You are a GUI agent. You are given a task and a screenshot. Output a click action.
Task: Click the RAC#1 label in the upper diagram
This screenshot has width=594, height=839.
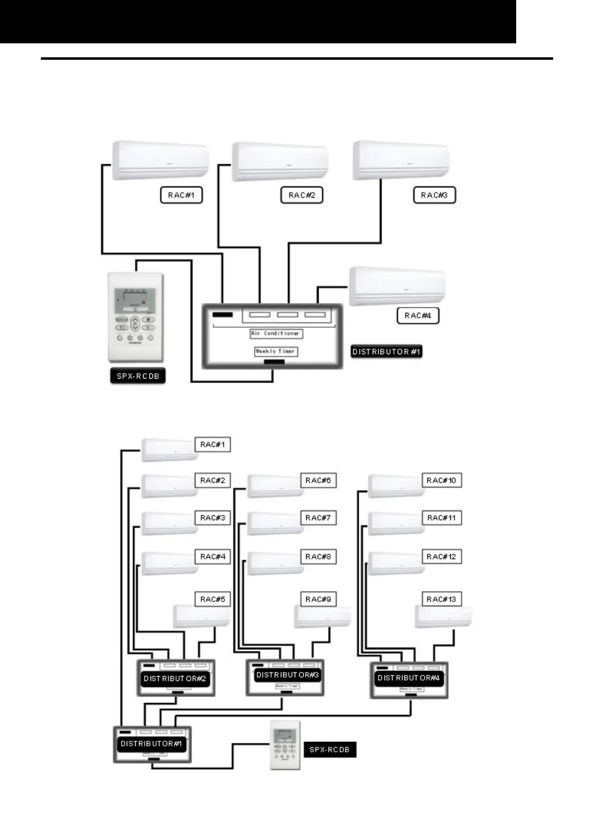pyautogui.click(x=181, y=195)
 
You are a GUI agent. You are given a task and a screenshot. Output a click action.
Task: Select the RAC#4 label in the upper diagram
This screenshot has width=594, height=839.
pyautogui.click(x=418, y=315)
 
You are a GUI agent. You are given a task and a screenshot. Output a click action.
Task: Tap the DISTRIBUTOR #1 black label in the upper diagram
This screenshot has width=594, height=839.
pyautogui.click(x=387, y=352)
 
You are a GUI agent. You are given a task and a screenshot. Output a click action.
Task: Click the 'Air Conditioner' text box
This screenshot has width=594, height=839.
pyautogui.click(x=276, y=333)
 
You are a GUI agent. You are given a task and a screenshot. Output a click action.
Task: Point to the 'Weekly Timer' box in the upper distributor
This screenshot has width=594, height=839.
pyautogui.click(x=276, y=351)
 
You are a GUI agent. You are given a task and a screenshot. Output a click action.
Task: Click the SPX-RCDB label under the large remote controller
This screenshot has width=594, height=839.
pyautogui.click(x=138, y=376)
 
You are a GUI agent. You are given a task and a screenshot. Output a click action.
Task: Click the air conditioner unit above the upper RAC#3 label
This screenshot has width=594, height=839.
pyautogui.click(x=401, y=160)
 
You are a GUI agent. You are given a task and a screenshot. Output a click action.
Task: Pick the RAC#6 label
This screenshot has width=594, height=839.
pyautogui.click(x=318, y=480)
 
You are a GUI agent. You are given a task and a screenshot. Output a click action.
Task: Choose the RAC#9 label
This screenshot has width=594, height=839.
pyautogui.click(x=318, y=599)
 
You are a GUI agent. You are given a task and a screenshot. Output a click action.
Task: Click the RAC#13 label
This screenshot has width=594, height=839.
pyautogui.click(x=441, y=599)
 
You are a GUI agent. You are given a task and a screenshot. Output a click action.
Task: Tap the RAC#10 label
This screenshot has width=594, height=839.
pyautogui.click(x=441, y=480)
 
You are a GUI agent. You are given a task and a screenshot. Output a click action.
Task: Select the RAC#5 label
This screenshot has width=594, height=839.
pyautogui.click(x=213, y=599)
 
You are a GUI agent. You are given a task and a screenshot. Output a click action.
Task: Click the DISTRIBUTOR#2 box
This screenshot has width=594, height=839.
pyautogui.click(x=176, y=678)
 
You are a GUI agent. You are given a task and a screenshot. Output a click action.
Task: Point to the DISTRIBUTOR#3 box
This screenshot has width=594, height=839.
pyautogui.click(x=285, y=677)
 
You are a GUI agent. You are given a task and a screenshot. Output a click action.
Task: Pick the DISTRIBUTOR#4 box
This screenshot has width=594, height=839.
pyautogui.click(x=409, y=680)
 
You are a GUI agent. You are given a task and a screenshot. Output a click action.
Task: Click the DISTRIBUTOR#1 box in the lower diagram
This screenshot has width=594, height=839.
pyautogui.click(x=152, y=744)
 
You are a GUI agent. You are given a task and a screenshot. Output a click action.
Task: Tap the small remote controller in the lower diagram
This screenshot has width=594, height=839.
pyautogui.click(x=285, y=745)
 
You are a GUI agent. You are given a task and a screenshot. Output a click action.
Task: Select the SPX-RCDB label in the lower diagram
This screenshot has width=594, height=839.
pyautogui.click(x=330, y=749)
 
